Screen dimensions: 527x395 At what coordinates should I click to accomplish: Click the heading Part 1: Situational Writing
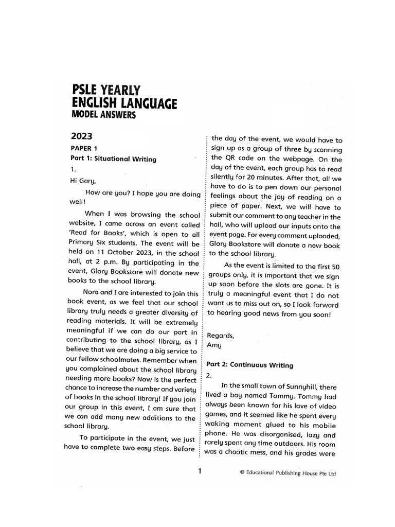(113, 159)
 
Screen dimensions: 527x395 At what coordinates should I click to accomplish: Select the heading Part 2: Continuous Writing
(249, 365)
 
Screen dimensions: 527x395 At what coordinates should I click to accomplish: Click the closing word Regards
(220, 335)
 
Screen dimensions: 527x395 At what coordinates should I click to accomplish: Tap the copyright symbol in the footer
(242, 473)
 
